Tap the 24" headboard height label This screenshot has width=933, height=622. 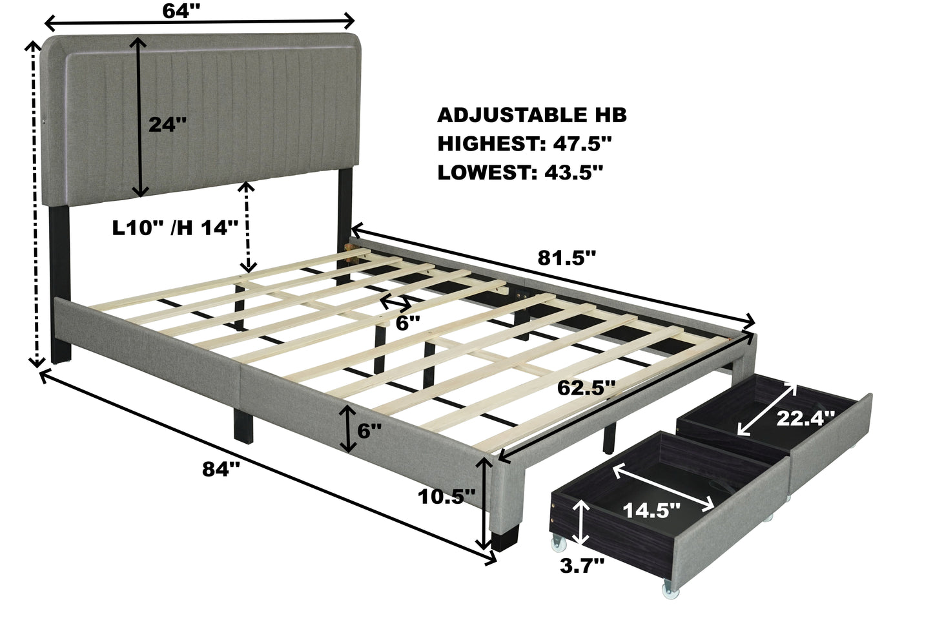coord(167,124)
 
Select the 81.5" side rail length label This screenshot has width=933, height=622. coord(566,258)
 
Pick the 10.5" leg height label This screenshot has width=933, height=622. coord(446,496)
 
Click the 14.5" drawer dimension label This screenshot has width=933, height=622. coord(651,510)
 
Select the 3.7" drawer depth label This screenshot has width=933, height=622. coord(582,566)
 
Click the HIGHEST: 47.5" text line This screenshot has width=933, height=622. coord(524,143)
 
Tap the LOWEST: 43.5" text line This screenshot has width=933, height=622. coord(520,172)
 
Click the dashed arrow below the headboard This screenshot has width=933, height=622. coord(245,227)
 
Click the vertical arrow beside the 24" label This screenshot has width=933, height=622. coord(138,116)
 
